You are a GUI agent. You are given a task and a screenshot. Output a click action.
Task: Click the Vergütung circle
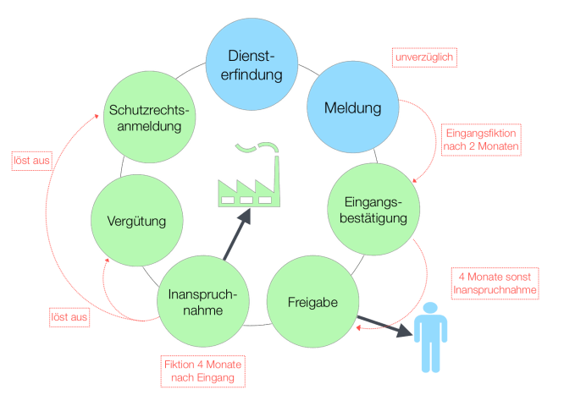(135, 222)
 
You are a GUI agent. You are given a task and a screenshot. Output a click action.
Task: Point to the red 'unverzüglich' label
(423, 58)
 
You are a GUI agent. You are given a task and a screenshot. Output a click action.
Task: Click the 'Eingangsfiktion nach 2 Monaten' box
(482, 139)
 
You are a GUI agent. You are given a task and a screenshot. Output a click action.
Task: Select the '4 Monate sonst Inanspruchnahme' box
(495, 283)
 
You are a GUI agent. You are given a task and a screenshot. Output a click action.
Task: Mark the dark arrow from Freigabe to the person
(385, 327)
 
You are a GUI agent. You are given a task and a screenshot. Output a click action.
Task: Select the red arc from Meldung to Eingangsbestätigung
(433, 135)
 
